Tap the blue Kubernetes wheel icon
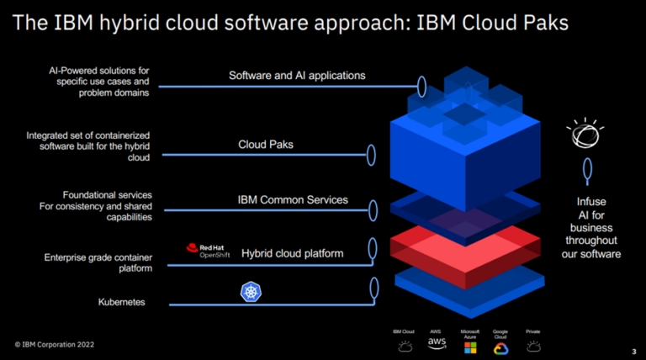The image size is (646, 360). [x=251, y=292]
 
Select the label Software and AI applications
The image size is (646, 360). [x=297, y=76]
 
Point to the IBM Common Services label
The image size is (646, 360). [x=293, y=200]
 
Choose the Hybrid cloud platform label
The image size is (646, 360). [x=292, y=252]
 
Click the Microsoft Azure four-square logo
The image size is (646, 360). [x=469, y=347]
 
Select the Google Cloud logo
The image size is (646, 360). [x=501, y=347]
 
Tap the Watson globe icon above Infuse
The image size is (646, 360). [x=584, y=134]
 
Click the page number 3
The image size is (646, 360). [x=633, y=351]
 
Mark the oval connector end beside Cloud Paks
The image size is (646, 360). [x=370, y=154]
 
